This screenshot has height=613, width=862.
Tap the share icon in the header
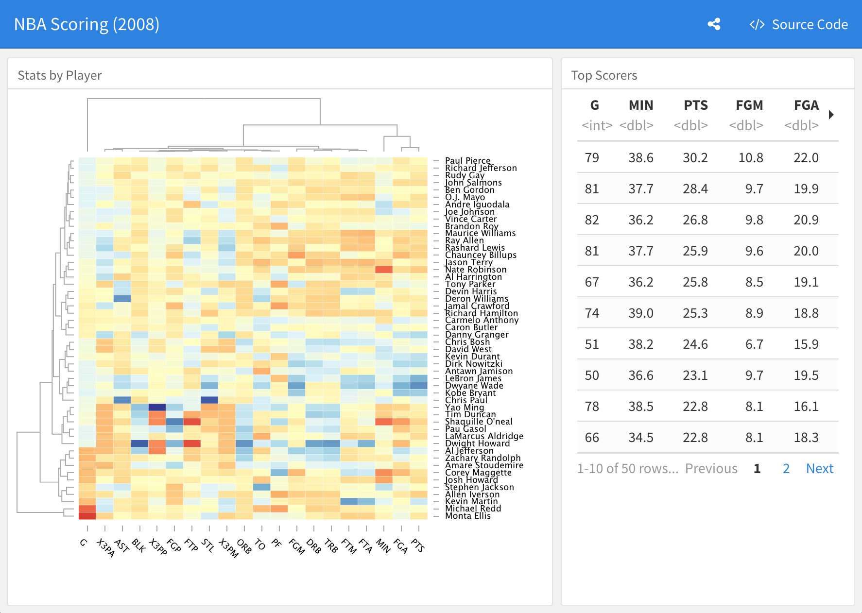[x=714, y=24]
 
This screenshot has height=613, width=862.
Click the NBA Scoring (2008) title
[x=86, y=24]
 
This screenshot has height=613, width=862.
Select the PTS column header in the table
[x=695, y=105]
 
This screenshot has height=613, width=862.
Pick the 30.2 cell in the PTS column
[x=695, y=158]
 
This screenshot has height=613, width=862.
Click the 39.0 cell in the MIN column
[x=640, y=313]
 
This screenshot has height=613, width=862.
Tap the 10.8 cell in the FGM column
[x=750, y=158]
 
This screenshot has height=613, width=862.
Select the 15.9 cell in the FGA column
[x=806, y=344]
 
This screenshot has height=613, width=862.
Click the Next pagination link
[x=819, y=469]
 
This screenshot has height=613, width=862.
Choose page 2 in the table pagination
[x=786, y=469]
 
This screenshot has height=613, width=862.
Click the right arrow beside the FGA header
[x=831, y=115]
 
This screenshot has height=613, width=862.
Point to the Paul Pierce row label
[x=467, y=161]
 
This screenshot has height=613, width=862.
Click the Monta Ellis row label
[x=467, y=516]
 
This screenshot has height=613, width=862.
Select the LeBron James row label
[x=473, y=378]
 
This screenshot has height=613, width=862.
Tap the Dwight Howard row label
[x=477, y=443]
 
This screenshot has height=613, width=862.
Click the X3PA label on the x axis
[x=105, y=547]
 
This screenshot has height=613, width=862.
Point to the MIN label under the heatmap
[x=383, y=546]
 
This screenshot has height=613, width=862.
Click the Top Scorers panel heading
[x=604, y=75]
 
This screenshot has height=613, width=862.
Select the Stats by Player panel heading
[x=60, y=75]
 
